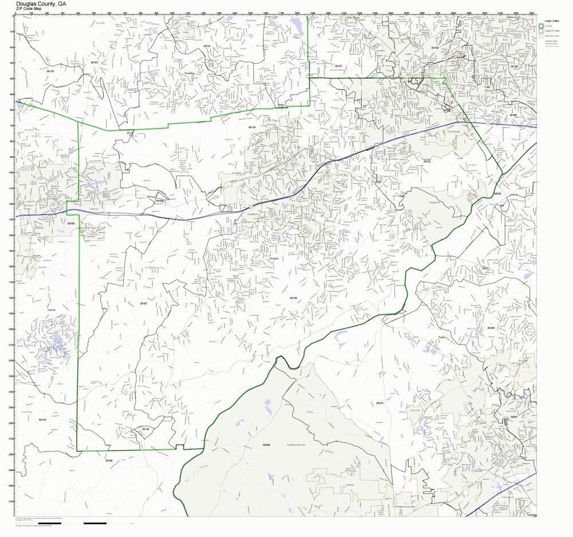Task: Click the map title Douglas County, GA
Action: (41, 3)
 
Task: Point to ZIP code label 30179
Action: (50, 71)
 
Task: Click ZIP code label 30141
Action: (207, 45)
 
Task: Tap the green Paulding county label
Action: (190, 73)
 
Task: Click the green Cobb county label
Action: (487, 87)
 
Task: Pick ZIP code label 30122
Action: (427, 161)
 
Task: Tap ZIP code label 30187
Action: (143, 303)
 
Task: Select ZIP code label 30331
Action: (485, 268)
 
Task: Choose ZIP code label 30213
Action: (379, 403)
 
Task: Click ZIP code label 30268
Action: (266, 445)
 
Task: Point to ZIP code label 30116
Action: (42, 419)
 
